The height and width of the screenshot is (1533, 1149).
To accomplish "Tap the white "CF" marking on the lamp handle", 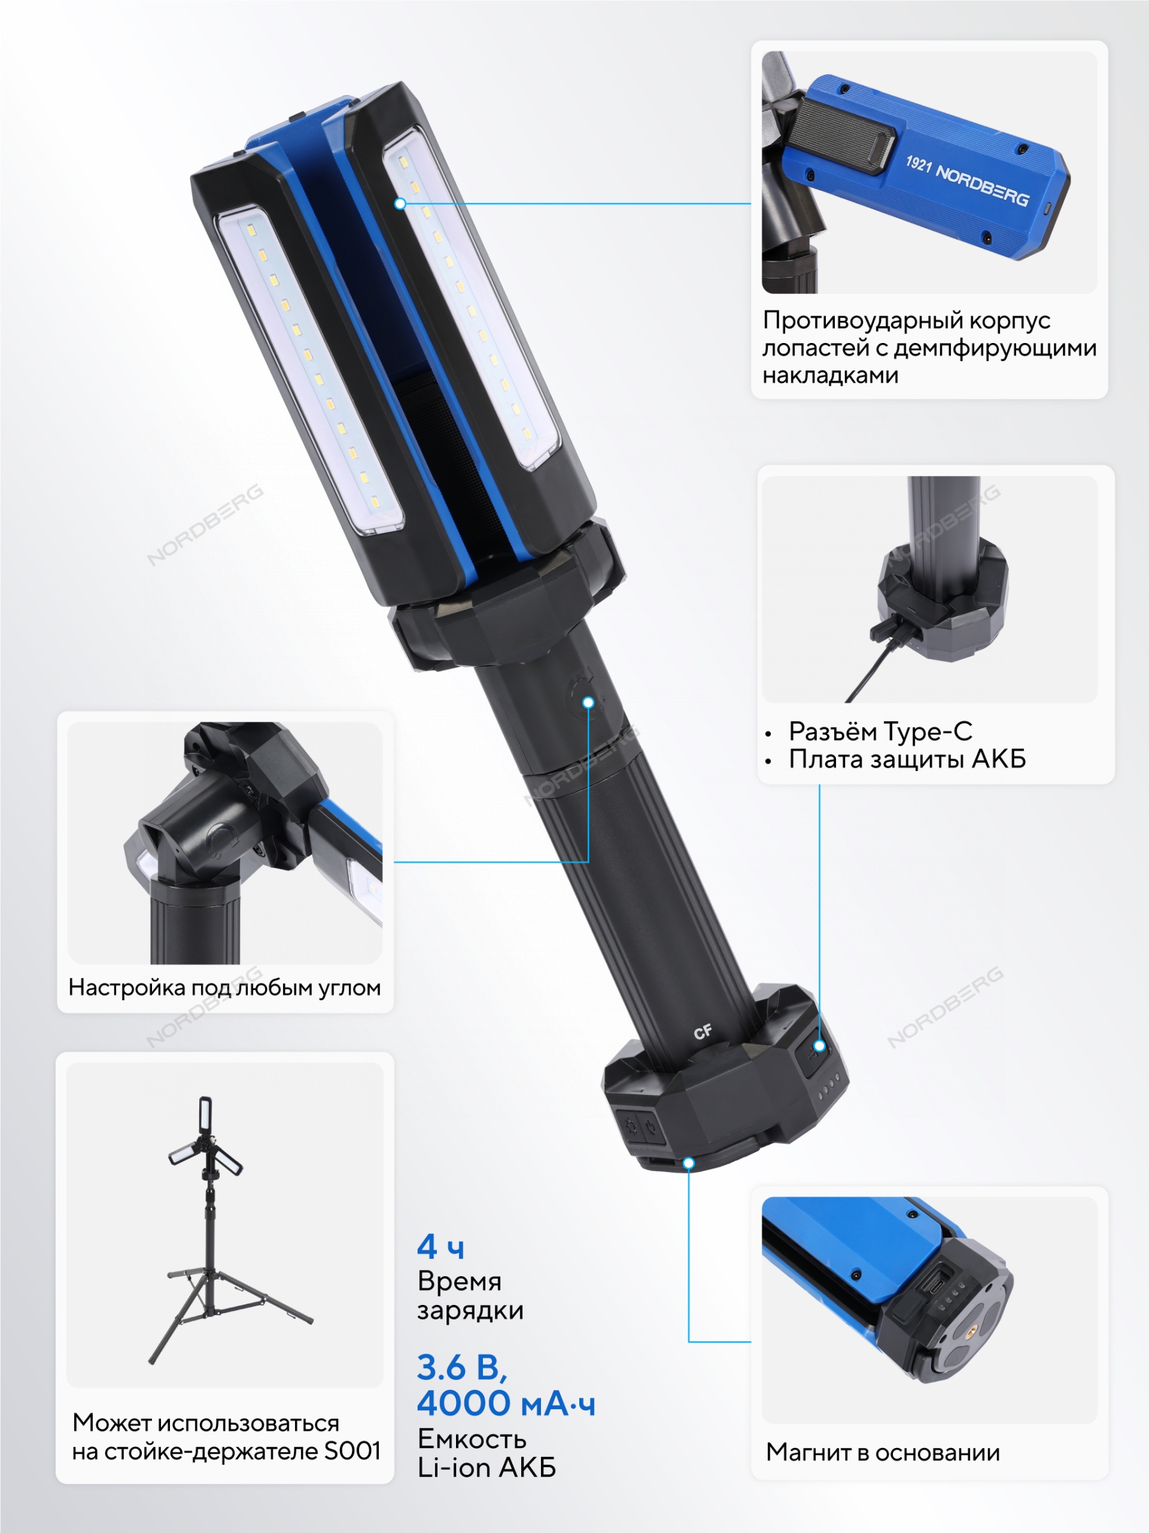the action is (x=703, y=1033).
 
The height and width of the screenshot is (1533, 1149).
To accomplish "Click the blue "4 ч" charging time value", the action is (x=440, y=1247).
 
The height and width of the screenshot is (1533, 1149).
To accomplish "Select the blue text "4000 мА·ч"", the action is (x=506, y=1404).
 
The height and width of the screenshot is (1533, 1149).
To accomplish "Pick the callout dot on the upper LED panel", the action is (x=400, y=204).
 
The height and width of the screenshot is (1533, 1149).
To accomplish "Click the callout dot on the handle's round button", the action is (x=588, y=703).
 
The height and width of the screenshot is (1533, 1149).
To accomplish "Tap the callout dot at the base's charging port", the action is (x=819, y=1046).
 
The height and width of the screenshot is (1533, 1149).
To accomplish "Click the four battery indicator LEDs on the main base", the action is (x=830, y=1086).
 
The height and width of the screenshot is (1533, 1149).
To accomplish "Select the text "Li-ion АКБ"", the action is (x=487, y=1468).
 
